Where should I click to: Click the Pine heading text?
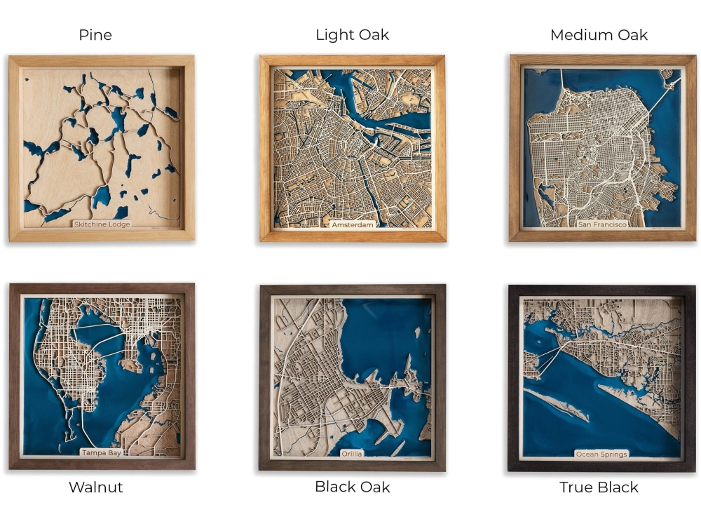tap(95, 35)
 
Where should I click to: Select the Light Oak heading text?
tap(352, 35)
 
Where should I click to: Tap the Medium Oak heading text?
tap(599, 35)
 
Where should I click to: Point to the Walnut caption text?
tap(95, 487)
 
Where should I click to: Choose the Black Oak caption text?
tap(352, 487)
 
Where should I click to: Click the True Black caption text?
tap(599, 487)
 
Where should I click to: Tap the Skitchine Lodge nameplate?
tap(102, 224)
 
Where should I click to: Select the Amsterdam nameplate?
tap(353, 224)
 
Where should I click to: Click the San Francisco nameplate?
tap(602, 224)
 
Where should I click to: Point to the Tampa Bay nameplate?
tap(102, 453)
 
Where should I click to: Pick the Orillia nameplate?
tap(352, 454)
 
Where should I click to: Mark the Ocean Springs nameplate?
tap(601, 454)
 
